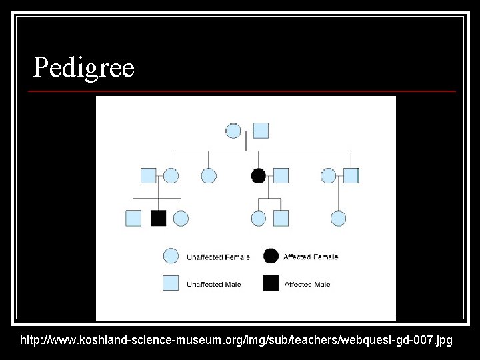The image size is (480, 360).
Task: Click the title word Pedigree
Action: (x=84, y=67)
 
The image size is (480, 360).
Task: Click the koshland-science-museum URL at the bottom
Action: (x=236, y=341)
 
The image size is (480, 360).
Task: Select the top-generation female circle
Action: (x=233, y=131)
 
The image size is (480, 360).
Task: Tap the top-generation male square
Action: (x=261, y=131)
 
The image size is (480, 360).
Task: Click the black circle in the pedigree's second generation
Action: (x=258, y=176)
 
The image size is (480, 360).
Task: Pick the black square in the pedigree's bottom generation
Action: (x=158, y=218)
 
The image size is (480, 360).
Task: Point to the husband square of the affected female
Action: (x=281, y=176)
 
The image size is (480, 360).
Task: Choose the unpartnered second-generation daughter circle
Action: (x=209, y=176)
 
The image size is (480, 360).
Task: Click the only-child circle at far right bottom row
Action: (x=338, y=218)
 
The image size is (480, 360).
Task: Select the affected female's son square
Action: (x=281, y=218)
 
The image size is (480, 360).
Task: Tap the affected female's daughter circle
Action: (x=258, y=218)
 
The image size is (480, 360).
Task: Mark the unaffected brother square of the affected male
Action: (x=133, y=218)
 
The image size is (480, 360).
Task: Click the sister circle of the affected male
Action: (x=181, y=218)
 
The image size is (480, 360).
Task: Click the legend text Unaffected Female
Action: (x=218, y=257)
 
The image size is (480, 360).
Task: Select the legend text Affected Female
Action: (x=311, y=257)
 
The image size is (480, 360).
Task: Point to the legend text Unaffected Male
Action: (x=214, y=285)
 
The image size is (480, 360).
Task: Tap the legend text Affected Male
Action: (x=307, y=285)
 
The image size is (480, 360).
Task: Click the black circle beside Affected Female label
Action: (x=271, y=256)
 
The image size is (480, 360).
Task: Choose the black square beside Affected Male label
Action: (x=271, y=283)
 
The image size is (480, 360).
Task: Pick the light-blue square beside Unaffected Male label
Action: (x=171, y=283)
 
